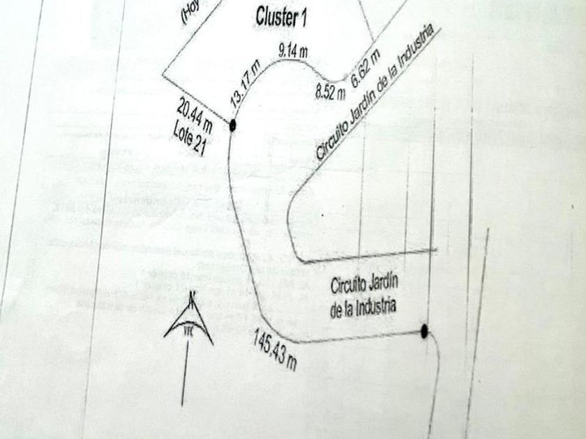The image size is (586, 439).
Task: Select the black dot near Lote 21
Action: point(232,125)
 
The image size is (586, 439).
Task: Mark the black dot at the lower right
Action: point(424,332)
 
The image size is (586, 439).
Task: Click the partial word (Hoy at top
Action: point(190,13)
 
